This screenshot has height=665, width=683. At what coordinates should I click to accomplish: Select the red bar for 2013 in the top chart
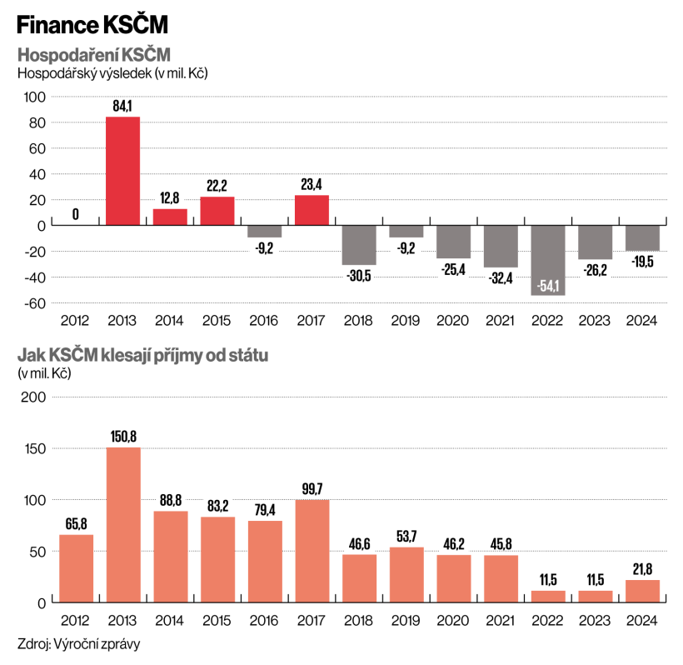pos(122,171)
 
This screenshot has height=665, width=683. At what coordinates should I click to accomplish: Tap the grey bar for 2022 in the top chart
pos(549,260)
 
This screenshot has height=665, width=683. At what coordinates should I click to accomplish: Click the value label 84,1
pos(122,107)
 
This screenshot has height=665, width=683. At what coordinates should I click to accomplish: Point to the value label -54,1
pos(549,287)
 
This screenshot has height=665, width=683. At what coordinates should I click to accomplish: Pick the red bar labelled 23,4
pos(312,210)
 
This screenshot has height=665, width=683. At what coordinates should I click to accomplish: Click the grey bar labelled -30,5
pos(360,245)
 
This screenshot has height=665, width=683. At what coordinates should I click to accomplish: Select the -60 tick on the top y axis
pos(35,303)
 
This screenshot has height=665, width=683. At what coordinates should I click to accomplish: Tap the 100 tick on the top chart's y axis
pos(33,97)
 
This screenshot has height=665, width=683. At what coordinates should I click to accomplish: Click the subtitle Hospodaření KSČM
pos(93,56)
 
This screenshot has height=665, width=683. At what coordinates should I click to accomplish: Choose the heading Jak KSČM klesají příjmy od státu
pos(143,356)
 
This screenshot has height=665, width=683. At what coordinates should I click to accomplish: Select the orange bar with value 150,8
pos(123,524)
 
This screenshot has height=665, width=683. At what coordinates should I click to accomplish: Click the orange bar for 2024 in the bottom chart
pos(643,591)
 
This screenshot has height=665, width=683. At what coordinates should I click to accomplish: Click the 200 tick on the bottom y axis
pos(33,397)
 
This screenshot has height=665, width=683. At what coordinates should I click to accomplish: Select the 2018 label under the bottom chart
pos(360,620)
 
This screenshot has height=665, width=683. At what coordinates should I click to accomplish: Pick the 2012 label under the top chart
pos(76,321)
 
